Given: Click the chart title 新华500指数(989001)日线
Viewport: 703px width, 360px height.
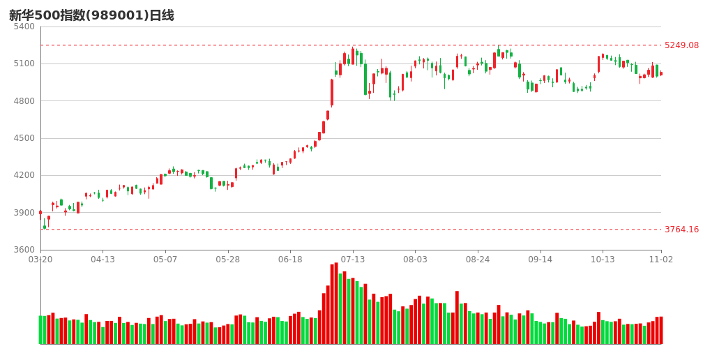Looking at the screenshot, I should tap(91, 15).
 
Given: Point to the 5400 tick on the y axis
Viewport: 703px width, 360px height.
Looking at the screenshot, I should tap(24, 27).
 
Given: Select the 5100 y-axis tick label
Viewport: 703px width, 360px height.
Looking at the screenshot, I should tap(24, 63).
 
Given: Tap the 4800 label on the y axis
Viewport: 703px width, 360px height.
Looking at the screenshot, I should tap(24, 101).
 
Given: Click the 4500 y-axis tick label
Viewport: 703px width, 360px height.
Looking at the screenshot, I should tap(24, 138).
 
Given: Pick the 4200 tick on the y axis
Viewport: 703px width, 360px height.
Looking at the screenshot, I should tap(24, 175).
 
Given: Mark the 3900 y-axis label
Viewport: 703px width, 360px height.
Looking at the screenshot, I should tap(24, 213).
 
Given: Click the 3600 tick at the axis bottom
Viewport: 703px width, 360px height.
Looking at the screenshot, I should tap(24, 250).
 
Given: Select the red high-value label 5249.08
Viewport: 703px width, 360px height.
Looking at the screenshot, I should tap(681, 45).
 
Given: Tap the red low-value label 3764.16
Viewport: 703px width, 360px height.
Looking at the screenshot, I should tap(681, 230).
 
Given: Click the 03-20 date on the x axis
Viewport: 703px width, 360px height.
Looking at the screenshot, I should tap(40, 260).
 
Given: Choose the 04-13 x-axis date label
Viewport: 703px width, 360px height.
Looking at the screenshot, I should tap(103, 260).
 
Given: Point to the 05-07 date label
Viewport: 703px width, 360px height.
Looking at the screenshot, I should tap(165, 260).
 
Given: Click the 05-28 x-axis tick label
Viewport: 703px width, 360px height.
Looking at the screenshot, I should tap(227, 260).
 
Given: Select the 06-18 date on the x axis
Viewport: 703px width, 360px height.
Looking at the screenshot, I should tap(290, 260).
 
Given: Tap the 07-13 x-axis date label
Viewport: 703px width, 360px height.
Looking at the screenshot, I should tap(353, 260).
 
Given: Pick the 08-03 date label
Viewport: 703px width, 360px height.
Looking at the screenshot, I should tap(415, 260).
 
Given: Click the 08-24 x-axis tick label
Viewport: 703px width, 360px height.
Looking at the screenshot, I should tap(478, 260).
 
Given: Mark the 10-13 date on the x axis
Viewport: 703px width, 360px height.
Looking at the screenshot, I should tap(603, 260).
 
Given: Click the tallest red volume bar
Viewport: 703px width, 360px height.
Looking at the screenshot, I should tap(336, 303).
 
